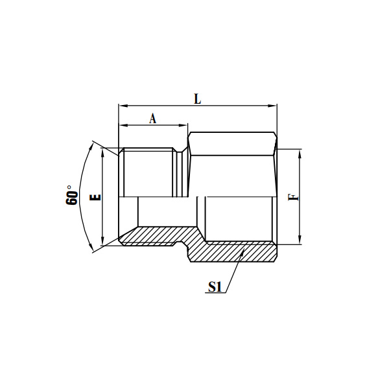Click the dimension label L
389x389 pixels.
pyautogui.click(x=198, y=99)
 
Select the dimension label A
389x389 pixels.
pyautogui.click(x=153, y=119)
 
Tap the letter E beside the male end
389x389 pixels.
pyautogui.click(x=95, y=197)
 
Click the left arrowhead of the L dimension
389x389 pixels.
pyautogui.click(x=122, y=106)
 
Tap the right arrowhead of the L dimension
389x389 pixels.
pyautogui.click(x=274, y=106)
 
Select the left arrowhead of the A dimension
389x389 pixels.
pyautogui.click(x=122, y=126)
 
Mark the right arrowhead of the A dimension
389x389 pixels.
pyautogui.click(x=184, y=126)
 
